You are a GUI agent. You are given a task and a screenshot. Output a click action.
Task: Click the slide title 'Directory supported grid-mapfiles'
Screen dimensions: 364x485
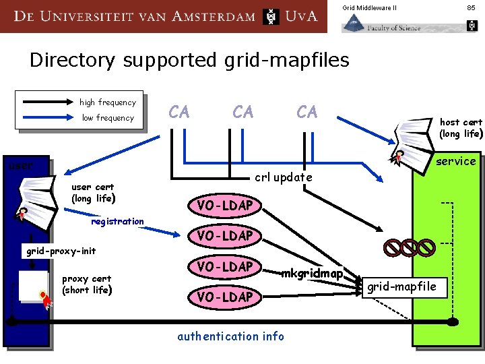click(189, 61)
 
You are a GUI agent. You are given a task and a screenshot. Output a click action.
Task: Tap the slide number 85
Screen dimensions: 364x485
click(471, 7)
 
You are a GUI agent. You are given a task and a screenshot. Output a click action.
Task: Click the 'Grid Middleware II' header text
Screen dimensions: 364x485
click(369, 7)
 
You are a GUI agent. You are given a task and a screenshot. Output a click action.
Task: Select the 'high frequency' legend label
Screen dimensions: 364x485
click(108, 102)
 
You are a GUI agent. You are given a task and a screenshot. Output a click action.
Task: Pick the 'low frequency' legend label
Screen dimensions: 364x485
click(108, 118)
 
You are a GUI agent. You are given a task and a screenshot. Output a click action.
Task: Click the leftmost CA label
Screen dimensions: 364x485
click(179, 112)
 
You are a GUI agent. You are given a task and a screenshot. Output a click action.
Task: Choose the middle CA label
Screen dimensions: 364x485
click(243, 112)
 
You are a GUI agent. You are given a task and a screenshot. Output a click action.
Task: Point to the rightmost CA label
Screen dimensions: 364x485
click(306, 112)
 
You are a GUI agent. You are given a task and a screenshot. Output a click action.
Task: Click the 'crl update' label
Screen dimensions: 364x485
click(283, 177)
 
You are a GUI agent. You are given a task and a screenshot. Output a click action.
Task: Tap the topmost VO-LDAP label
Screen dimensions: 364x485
click(224, 205)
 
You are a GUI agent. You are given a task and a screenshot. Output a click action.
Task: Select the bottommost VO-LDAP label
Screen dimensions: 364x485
click(224, 297)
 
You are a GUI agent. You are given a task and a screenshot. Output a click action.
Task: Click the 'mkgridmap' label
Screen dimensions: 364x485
click(312, 274)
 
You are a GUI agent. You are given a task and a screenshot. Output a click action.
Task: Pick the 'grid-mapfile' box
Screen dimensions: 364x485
click(401, 287)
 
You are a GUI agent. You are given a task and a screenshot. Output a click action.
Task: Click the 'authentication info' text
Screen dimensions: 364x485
click(230, 336)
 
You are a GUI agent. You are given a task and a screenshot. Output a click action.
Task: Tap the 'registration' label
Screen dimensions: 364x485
click(117, 221)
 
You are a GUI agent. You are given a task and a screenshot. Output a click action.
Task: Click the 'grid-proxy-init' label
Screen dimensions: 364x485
click(61, 251)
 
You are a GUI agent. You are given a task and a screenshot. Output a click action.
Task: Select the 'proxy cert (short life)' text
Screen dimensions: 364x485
click(86, 284)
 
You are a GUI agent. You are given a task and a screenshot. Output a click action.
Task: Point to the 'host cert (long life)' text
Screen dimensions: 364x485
click(461, 128)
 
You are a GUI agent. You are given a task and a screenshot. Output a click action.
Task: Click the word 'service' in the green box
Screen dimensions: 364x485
click(455, 161)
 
